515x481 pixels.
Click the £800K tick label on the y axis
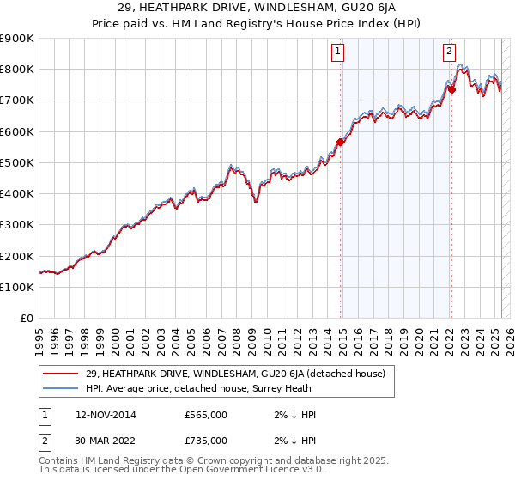tap(17, 70)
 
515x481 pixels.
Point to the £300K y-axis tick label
tap(17, 225)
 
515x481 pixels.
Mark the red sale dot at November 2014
tap(341, 143)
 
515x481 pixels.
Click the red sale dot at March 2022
tap(451, 89)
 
